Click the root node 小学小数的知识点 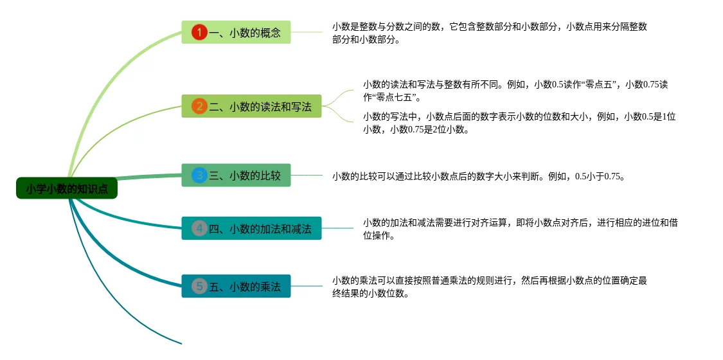click(x=67, y=188)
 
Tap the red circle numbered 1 click(x=199, y=32)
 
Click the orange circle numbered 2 click(x=199, y=107)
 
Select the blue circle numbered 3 click(x=199, y=175)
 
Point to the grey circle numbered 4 click(x=199, y=228)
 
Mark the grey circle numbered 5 click(x=199, y=286)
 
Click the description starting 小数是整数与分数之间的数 click(x=489, y=33)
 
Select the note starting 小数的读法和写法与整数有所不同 click(x=515, y=91)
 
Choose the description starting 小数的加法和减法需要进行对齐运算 click(x=520, y=229)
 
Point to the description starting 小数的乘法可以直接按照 click(x=489, y=287)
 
